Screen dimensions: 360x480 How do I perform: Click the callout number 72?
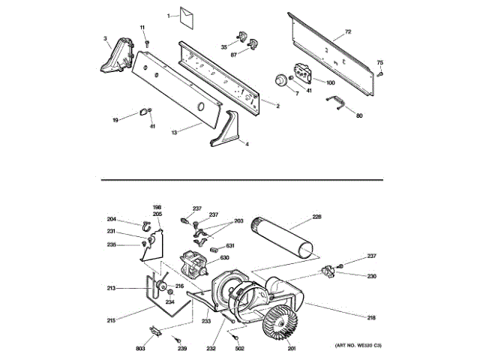[347, 31]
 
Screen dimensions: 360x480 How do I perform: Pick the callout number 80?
[359, 115]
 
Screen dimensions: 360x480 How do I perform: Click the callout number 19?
[115, 120]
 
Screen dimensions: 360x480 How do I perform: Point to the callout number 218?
[370, 317]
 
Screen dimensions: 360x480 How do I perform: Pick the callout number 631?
[230, 246]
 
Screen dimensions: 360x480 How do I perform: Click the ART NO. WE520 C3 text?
[358, 346]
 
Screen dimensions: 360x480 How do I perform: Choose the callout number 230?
[371, 275]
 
